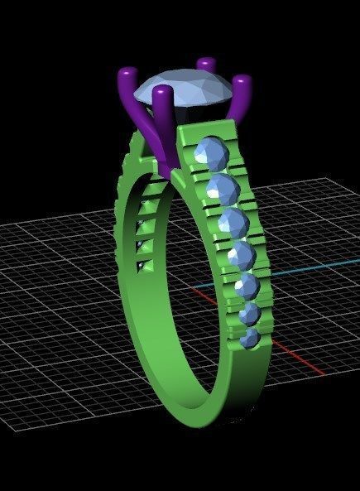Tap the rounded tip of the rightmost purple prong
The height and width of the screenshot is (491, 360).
click(242, 83)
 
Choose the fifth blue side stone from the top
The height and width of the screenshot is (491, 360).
click(247, 286)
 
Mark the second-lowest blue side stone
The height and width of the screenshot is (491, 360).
click(249, 314)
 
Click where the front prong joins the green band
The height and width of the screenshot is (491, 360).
click(172, 166)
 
